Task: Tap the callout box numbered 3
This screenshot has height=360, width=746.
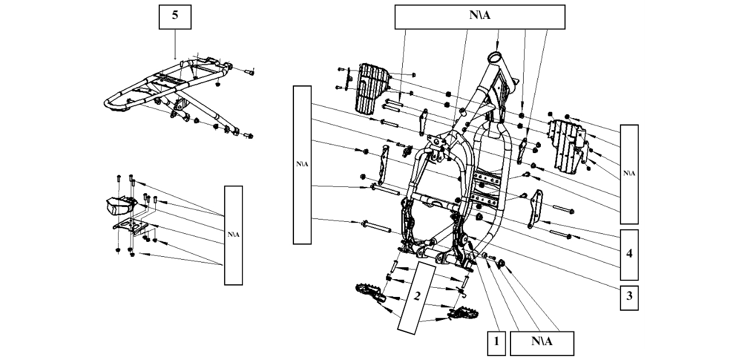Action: tap(629, 296)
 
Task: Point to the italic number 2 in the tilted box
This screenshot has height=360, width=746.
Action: tap(418, 296)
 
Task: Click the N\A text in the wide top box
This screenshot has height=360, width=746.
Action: tap(480, 16)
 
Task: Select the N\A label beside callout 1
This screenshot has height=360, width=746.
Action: tap(541, 342)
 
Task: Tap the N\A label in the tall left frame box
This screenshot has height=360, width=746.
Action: tap(302, 164)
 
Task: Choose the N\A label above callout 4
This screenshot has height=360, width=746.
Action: tap(629, 173)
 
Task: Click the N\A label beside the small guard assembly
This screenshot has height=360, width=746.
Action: tap(233, 234)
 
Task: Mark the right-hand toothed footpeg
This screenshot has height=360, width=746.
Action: tap(458, 314)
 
